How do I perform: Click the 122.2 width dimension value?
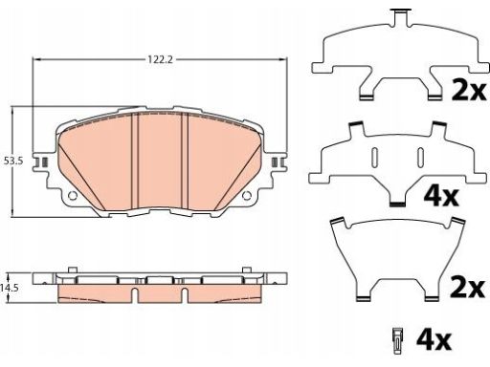160,59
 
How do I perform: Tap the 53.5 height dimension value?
13,162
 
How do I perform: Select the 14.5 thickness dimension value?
9,288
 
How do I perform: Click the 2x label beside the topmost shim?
469,90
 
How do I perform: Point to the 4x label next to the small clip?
434,340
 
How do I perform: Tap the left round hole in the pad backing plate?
73,196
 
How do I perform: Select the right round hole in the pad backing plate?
247,196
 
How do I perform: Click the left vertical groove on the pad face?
135,162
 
